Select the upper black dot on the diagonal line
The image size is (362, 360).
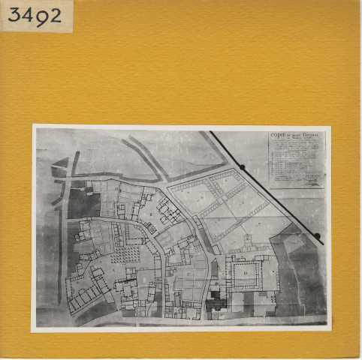point(242,166)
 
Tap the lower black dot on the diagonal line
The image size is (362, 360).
point(317,236)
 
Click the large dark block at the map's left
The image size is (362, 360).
point(83,204)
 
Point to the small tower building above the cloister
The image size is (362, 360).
point(248,250)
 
